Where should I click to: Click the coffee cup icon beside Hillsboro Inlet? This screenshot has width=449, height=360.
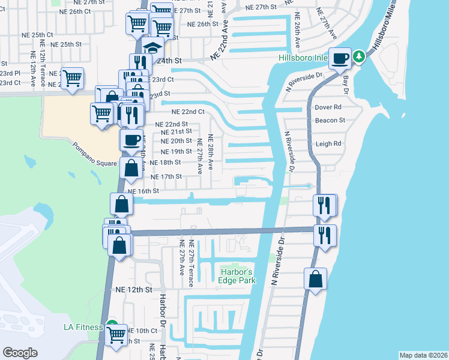(340, 59)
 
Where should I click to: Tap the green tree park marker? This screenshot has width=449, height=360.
(359, 57)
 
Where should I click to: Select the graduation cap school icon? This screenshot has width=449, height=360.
(153, 48)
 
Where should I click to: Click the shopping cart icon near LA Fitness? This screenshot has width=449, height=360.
(116, 335)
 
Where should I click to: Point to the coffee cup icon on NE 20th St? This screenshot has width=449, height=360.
(132, 140)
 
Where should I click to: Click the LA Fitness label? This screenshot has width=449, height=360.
(85, 327)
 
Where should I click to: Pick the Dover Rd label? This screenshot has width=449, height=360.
(328, 107)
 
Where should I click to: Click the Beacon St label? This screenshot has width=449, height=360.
(330, 120)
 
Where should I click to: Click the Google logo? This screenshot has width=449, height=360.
(20, 353)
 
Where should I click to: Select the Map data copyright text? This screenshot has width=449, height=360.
(423, 355)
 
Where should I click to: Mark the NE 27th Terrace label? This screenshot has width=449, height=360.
(191, 263)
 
